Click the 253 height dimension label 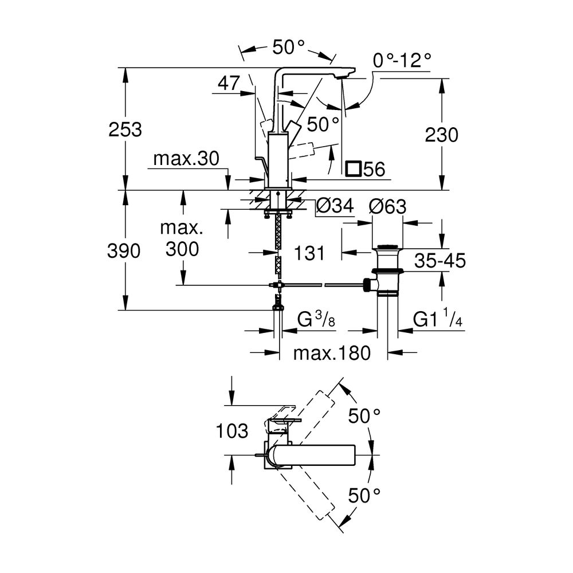[x=125, y=129]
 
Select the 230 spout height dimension [x=441, y=135]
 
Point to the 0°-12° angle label [x=401, y=60]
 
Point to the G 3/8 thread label [x=316, y=319]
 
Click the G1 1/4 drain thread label [x=438, y=319]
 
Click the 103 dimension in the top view [x=233, y=431]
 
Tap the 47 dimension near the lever [x=228, y=84]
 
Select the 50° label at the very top [x=288, y=48]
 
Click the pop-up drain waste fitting [x=388, y=269]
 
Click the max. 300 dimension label [x=182, y=239]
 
